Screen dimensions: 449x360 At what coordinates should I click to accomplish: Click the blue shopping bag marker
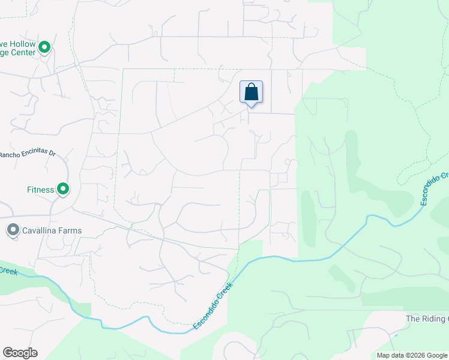tap(251, 92)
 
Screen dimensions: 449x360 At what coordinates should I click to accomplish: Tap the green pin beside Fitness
tap(62, 190)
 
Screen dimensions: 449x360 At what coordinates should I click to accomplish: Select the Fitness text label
tap(41, 190)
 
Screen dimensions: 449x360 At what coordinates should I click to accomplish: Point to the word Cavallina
tap(43, 230)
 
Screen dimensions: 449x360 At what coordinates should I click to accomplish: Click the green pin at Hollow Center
tap(44, 46)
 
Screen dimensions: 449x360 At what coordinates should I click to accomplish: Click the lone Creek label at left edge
tap(8, 272)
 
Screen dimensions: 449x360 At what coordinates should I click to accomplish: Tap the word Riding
tap(433, 319)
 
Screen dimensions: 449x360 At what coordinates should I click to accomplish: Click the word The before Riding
tap(413, 319)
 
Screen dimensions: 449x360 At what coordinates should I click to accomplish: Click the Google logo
tap(20, 353)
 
